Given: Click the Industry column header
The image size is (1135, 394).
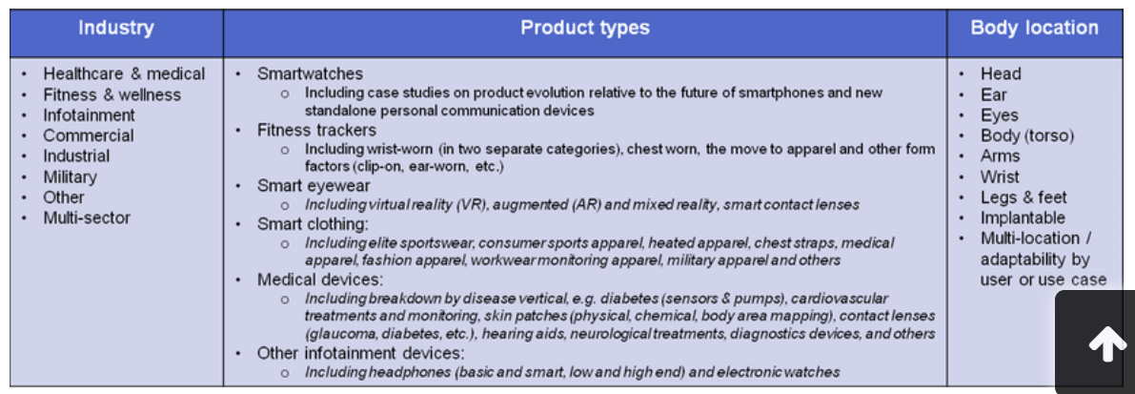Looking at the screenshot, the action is (116, 29).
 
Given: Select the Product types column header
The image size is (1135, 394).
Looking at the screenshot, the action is (585, 29).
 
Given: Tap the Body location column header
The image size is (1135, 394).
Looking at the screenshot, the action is (1034, 29).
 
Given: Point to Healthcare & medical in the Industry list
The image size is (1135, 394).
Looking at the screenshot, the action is (124, 73).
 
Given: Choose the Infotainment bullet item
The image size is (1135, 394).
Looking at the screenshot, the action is (89, 115).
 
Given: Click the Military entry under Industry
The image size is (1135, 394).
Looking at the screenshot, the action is (70, 176).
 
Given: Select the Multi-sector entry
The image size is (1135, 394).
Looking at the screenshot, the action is (87, 218).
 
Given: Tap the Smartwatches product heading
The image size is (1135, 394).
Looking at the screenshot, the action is (310, 73).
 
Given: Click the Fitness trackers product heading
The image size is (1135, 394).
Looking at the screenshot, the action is (316, 131).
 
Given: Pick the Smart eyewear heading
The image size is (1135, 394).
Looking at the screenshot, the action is (314, 186).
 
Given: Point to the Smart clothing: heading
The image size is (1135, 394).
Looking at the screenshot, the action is (313, 224).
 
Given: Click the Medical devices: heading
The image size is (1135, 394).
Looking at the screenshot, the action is (320, 280).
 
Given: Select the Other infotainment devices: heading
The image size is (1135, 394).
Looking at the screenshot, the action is (360, 353).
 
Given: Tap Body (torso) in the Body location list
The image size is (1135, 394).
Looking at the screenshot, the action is (1027, 135).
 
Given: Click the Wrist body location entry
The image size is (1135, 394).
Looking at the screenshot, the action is (1000, 176).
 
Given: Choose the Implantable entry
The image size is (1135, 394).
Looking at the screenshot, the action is (1023, 218).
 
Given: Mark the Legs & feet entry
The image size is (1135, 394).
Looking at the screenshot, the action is (1024, 197).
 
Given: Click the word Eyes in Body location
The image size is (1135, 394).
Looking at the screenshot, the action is (1000, 115).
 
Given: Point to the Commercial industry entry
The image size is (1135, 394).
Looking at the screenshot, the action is (89, 135).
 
